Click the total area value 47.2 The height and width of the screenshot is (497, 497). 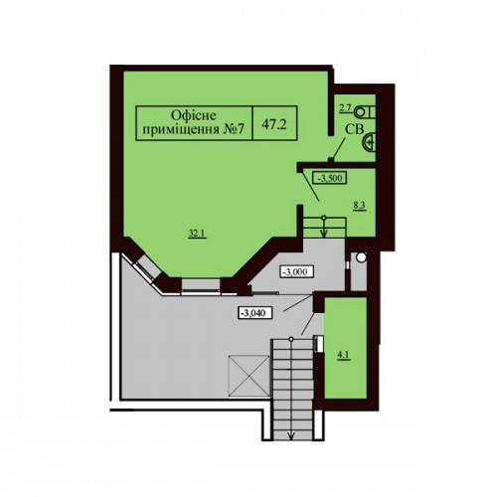coord(274,124)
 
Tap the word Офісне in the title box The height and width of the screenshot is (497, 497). coord(194,115)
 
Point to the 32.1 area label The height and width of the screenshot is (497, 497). coord(198,234)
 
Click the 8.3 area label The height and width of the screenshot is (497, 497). coord(359,206)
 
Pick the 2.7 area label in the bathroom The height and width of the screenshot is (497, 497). coord(344,109)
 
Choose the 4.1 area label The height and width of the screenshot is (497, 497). coord(343,356)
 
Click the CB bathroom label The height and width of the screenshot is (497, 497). coord(354,129)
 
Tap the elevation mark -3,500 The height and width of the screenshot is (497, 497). coord(330,178)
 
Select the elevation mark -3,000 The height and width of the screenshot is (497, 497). coord(297,272)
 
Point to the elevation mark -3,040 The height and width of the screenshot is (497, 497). coord(255,312)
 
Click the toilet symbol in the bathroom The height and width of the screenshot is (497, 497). coord(365,111)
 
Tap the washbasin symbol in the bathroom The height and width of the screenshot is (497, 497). coord(369,142)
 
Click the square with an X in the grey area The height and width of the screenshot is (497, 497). coord(248,376)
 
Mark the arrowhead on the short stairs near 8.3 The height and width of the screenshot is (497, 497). coord(324,234)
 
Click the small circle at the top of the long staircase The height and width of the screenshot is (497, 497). coord(291,339)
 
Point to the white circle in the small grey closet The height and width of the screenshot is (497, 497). coord(361,256)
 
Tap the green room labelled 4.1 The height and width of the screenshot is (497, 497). coord(345,348)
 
